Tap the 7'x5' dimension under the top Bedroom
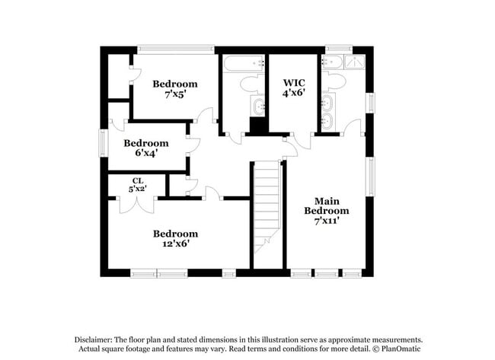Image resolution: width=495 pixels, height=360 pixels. (x=175, y=96)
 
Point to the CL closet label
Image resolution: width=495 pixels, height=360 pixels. (x=137, y=180)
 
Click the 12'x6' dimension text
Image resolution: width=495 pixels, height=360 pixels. (x=175, y=244)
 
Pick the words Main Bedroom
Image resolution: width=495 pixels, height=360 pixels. (x=327, y=205)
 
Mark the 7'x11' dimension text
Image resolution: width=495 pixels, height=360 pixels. (x=327, y=221)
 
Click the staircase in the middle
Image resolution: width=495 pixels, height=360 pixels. (x=267, y=205)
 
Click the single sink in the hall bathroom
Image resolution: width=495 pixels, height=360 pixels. (x=257, y=106)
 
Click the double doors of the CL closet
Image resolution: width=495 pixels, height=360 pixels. (x=137, y=204)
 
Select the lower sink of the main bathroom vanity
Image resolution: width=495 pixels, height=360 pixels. (x=327, y=120)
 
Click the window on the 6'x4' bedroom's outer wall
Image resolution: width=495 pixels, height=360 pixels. (x=104, y=143)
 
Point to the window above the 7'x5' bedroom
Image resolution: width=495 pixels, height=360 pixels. (x=175, y=49)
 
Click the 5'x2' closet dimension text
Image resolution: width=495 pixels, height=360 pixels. (x=137, y=188)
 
